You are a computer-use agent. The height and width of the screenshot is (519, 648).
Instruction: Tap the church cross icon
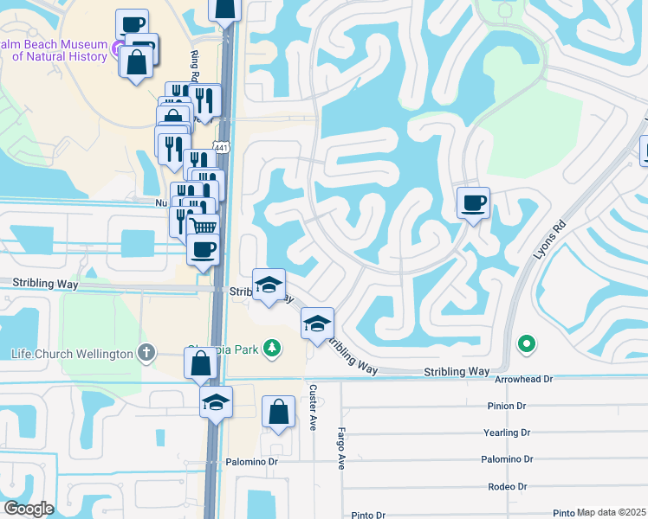pyautogui.click(x=147, y=353)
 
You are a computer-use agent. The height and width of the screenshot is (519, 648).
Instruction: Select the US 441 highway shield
pyautogui.click(x=223, y=149)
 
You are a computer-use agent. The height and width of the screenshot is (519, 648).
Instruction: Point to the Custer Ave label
pyautogui.click(x=313, y=402)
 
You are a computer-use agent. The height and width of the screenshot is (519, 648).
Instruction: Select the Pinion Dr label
pyautogui.click(x=509, y=405)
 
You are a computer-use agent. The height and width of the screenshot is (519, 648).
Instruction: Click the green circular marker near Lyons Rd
pyautogui.click(x=526, y=345)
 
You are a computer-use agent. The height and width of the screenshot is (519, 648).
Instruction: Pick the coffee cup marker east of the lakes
pyautogui.click(x=473, y=203)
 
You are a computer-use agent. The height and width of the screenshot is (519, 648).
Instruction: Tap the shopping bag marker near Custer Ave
pyautogui.click(x=279, y=413)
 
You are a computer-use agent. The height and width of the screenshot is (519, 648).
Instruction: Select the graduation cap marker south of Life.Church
pyautogui.click(x=217, y=401)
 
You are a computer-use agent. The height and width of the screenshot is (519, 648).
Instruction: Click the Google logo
pyautogui.click(x=29, y=508)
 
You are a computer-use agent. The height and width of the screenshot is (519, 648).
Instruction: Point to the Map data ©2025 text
pyautogui.click(x=612, y=512)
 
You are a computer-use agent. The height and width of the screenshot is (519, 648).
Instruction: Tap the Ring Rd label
pyautogui.click(x=195, y=67)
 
